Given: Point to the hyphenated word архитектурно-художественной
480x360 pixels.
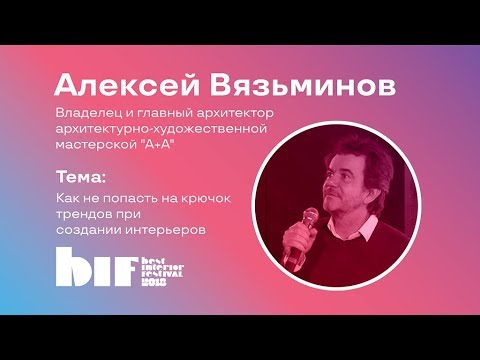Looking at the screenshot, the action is [162, 129].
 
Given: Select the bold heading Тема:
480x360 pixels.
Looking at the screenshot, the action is [81, 177].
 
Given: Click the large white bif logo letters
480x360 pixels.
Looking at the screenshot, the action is [97, 267].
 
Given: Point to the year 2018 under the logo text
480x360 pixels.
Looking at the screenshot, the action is [154, 282].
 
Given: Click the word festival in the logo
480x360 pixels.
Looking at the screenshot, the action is [162, 274].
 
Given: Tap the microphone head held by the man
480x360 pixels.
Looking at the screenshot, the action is [311, 217].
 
